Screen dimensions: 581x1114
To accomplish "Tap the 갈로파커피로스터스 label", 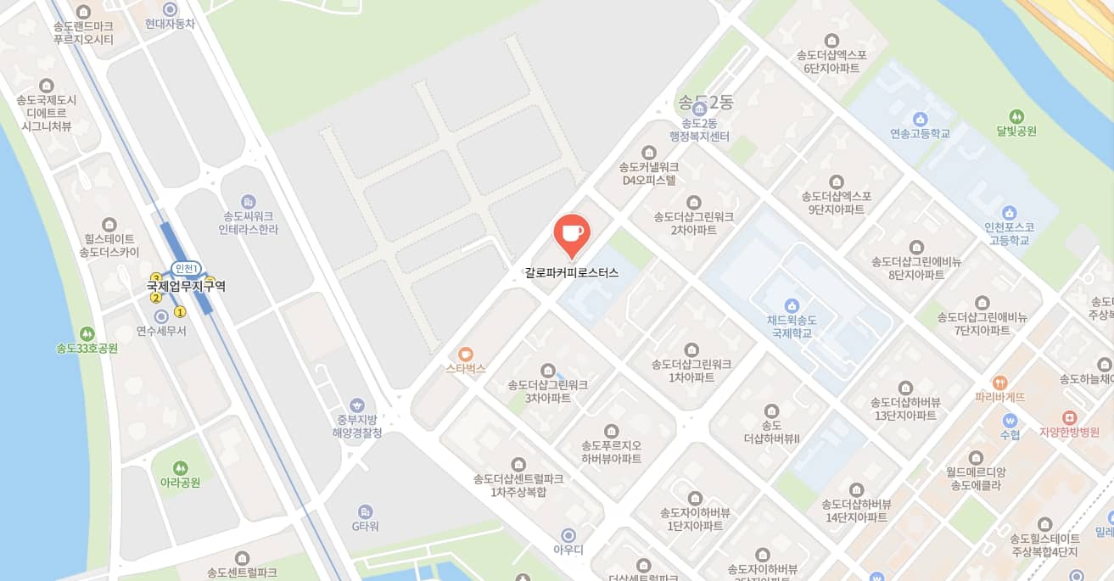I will [572, 273].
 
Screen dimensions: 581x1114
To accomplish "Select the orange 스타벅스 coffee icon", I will [465, 355].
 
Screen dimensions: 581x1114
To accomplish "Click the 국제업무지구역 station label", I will [186, 287].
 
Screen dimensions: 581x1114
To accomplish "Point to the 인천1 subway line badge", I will [186, 269].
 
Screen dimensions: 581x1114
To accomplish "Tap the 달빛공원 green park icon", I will [1016, 116].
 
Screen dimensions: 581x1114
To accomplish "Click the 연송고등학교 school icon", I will [921, 119].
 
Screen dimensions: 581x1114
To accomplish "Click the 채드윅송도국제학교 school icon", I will [792, 305].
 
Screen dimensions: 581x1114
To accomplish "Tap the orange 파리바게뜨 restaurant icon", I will [999, 383].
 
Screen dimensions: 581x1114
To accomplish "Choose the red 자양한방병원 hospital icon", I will [1069, 417].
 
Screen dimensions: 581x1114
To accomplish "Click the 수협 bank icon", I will [1010, 420].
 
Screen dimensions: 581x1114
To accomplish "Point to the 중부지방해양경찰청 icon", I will [357, 405].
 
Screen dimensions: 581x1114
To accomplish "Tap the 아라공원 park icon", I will [180, 467].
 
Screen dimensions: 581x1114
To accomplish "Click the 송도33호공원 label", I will [87, 349].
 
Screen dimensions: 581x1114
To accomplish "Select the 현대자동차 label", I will [170, 24].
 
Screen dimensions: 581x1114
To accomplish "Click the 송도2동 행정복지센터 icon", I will [700, 109].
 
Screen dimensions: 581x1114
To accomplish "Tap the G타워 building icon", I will [365, 511].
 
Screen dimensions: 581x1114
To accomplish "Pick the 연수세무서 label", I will [161, 331].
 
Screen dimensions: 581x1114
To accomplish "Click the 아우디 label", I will [568, 550].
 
